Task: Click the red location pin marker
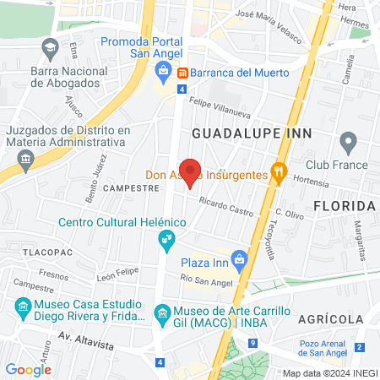point(191,172)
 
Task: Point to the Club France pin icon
point(346,141)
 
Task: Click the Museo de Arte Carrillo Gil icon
point(162,318)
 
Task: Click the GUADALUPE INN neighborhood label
point(252,133)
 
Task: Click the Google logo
point(28,369)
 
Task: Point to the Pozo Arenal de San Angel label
point(326,348)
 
